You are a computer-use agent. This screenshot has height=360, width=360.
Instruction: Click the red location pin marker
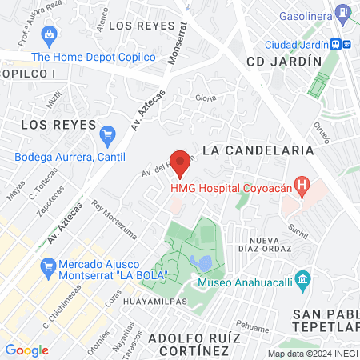[x=181, y=162]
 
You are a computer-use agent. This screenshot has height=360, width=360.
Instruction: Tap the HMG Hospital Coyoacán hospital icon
[x=302, y=188]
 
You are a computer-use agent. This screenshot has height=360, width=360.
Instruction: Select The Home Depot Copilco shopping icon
[x=50, y=35]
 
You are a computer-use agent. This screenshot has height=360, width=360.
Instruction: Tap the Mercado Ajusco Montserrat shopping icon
[x=48, y=264]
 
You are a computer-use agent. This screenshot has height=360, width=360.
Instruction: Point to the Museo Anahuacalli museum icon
[x=302, y=279]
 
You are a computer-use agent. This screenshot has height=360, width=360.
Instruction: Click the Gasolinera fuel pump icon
[x=343, y=14]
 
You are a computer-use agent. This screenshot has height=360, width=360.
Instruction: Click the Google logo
[x=27, y=350]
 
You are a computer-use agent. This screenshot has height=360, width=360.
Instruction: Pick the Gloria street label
[x=206, y=98]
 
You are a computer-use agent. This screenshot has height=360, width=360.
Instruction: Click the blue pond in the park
[x=205, y=263]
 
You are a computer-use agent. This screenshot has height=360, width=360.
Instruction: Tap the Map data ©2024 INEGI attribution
[x=312, y=353]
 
